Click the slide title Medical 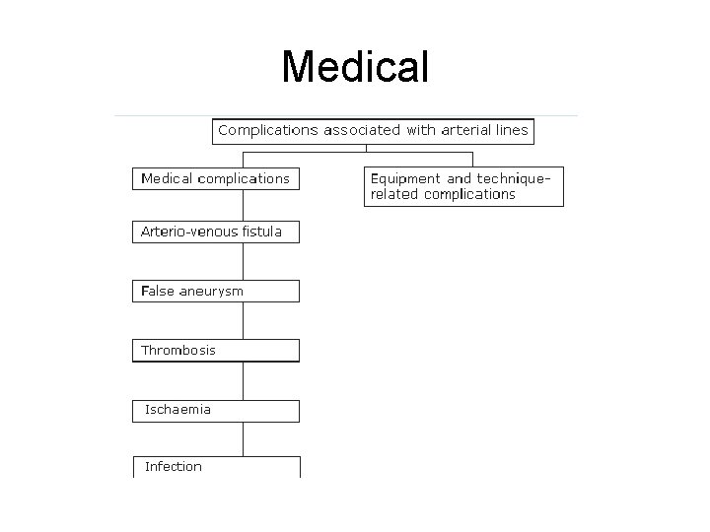click(355, 67)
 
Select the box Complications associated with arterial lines click(373, 131)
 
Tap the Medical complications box click(215, 179)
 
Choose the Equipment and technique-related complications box click(463, 186)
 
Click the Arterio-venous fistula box click(215, 233)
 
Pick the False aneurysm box click(215, 292)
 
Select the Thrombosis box click(215, 351)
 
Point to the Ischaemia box click(215, 410)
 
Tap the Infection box click(215, 467)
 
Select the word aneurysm click(211, 292)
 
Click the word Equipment click(404, 179)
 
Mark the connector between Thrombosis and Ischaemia click(243, 380)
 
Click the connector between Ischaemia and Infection click(243, 439)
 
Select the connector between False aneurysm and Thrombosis click(243, 320)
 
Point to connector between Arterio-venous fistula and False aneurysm click(243, 261)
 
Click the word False click(158, 292)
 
